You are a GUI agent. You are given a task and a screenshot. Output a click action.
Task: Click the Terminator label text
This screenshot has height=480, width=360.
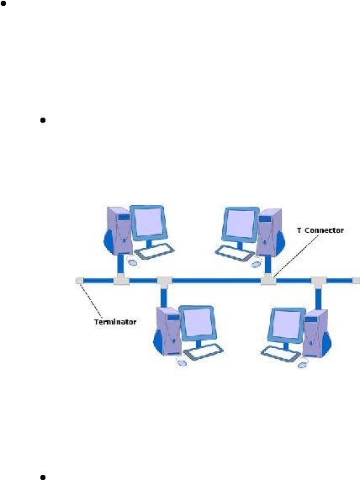115,322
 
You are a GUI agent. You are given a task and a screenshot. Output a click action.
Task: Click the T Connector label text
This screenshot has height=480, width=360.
320,230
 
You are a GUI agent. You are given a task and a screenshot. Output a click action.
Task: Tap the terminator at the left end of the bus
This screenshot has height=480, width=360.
79,281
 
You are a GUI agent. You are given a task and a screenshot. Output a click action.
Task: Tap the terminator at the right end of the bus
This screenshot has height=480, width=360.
356,281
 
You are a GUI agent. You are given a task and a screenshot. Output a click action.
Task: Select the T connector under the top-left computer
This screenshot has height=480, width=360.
121,279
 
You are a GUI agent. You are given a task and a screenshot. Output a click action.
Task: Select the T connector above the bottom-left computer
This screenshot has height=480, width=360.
165,282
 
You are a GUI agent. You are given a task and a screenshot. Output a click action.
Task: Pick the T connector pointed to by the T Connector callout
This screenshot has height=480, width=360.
268,279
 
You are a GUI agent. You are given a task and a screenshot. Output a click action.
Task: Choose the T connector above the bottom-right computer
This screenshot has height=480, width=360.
319,282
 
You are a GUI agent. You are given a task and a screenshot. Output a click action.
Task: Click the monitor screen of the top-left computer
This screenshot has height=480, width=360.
148,222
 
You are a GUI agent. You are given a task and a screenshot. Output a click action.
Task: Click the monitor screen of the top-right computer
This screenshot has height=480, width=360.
241,224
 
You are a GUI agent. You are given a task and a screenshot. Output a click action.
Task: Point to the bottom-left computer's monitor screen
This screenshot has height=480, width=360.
198,322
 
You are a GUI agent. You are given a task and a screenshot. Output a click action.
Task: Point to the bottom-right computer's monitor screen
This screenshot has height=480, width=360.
287,324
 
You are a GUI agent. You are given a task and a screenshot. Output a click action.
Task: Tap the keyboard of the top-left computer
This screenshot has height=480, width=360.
155,251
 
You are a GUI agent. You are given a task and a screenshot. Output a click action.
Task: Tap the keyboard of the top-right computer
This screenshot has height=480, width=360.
235,254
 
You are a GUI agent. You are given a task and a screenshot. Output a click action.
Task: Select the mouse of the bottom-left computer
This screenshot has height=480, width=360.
182,363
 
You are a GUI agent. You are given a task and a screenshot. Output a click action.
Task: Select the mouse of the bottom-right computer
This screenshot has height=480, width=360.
303,364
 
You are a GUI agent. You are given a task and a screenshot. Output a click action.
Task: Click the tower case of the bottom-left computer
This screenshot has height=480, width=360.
169,331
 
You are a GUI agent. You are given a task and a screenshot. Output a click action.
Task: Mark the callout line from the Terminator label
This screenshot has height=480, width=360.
91,301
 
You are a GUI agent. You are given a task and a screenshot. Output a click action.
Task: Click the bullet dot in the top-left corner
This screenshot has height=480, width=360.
3,4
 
